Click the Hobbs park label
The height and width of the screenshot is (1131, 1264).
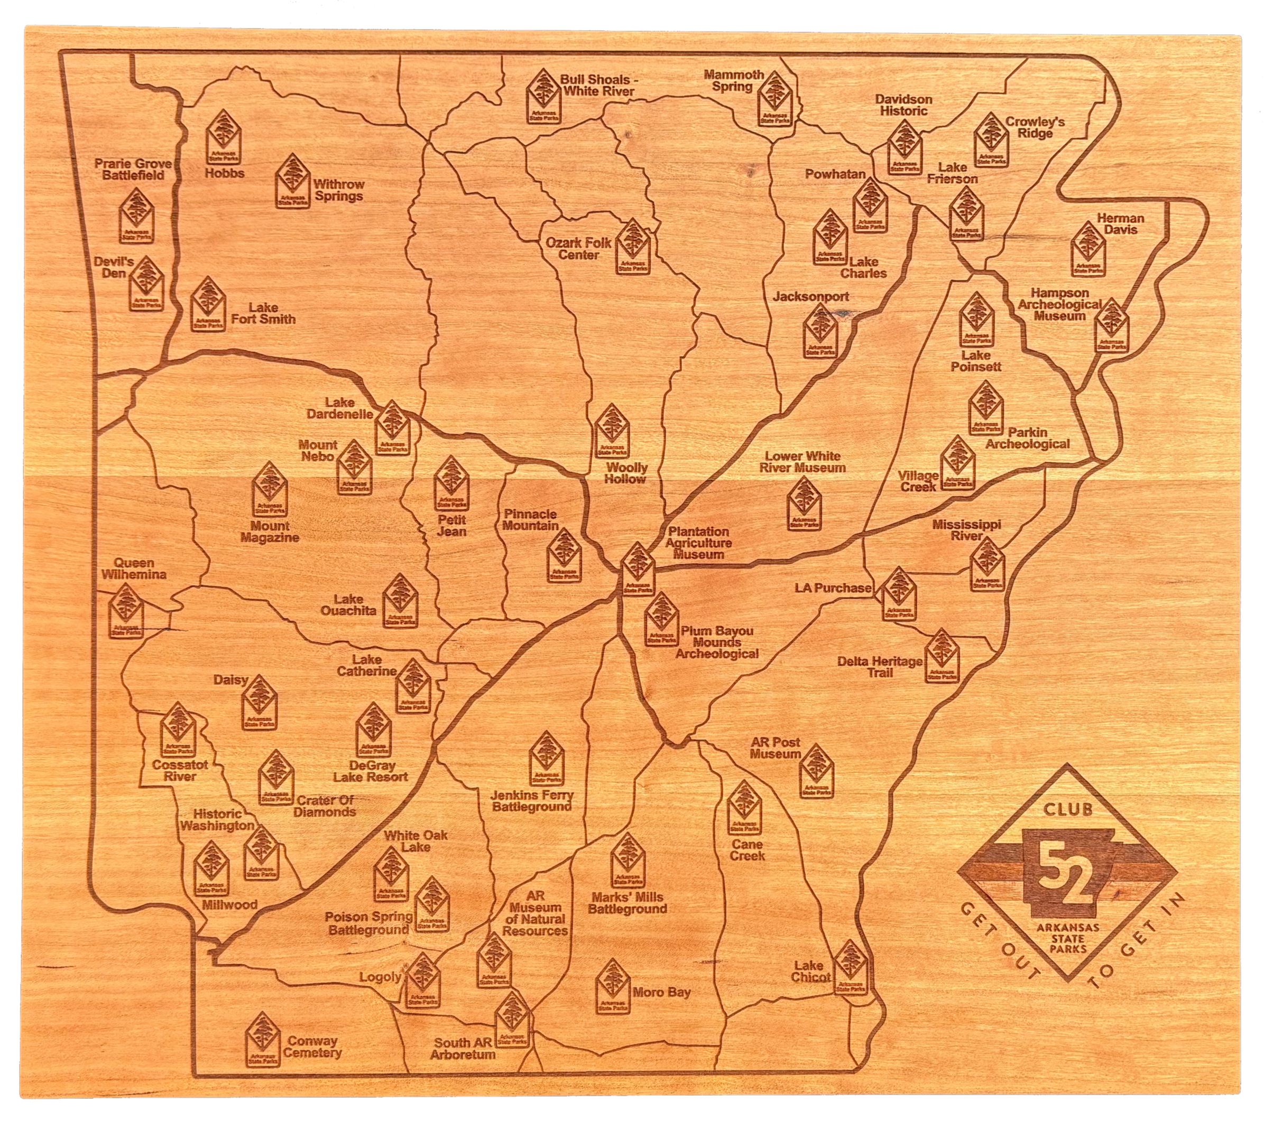click(x=225, y=173)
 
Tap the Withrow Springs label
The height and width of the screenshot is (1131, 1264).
click(x=338, y=190)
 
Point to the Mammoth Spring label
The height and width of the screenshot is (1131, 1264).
click(x=734, y=81)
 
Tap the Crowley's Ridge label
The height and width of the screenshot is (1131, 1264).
click(x=1035, y=127)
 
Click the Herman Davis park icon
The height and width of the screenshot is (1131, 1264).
click(x=1088, y=249)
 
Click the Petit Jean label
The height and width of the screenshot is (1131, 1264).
click(x=451, y=526)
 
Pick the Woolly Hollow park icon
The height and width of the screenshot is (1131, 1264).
click(x=612, y=430)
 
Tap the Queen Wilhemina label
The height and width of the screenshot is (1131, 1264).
click(x=134, y=568)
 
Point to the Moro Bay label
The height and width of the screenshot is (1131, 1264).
click(x=661, y=993)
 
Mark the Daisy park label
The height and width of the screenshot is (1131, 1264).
click(x=230, y=680)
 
